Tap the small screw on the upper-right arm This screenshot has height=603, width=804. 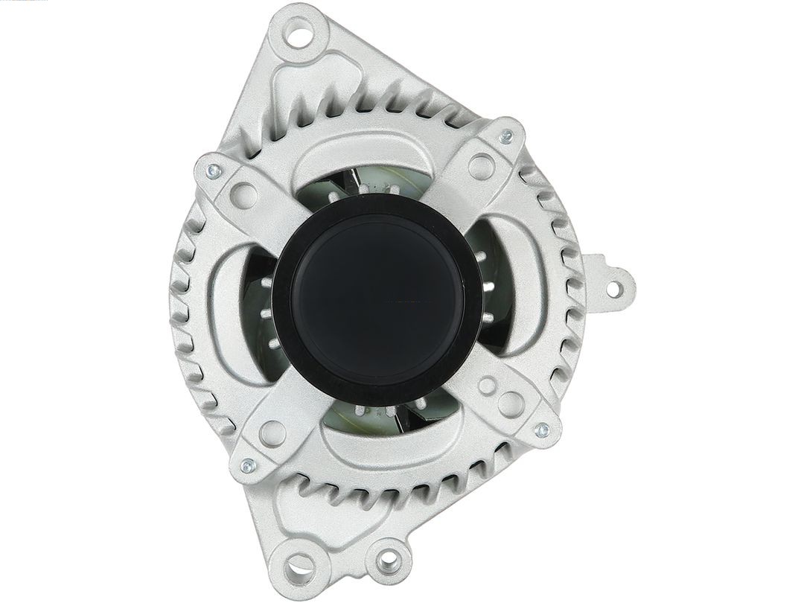(x=506, y=135)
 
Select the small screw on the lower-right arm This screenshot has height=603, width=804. (x=542, y=430)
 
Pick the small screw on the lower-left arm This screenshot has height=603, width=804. (x=248, y=466)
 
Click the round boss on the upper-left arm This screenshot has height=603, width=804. (x=243, y=196)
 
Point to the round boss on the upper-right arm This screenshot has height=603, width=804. (x=481, y=165)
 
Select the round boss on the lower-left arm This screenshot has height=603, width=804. (x=272, y=433)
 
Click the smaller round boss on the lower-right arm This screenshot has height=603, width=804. (x=486, y=386)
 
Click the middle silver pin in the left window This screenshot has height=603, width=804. (x=266, y=315)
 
